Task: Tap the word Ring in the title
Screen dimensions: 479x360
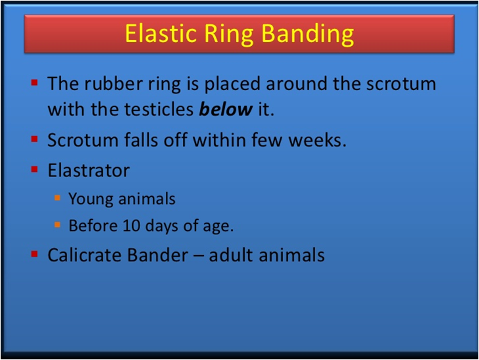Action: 229,35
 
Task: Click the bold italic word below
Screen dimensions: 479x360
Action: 226,109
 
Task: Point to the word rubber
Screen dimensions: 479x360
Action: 113,83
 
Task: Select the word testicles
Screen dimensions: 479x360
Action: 159,109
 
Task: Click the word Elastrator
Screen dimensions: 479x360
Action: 89,170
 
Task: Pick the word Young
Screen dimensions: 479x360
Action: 91,199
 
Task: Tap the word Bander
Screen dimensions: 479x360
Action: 158,255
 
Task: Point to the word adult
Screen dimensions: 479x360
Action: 231,255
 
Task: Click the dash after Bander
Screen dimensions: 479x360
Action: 199,256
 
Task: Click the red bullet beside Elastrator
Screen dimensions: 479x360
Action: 34,169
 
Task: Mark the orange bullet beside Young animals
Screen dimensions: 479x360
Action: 57,197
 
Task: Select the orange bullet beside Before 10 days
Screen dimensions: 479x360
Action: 57,225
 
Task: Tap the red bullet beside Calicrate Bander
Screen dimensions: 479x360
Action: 34,253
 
